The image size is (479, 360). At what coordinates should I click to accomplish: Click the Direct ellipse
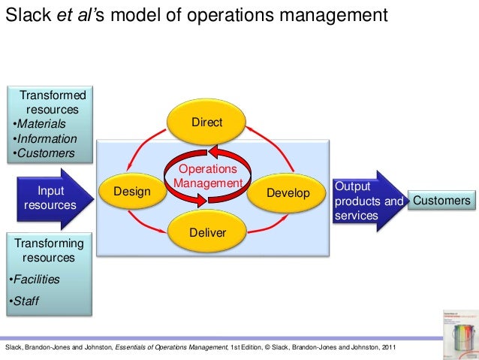tap(206, 123)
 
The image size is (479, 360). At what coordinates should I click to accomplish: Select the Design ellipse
tap(132, 193)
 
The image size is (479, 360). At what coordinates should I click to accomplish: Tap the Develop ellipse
tap(288, 193)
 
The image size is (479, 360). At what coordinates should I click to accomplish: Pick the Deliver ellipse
tap(207, 232)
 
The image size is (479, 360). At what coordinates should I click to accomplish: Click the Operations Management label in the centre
tap(207, 177)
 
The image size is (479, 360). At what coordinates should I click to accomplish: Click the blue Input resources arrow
tap(50, 198)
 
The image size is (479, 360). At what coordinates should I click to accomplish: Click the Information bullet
tap(47, 139)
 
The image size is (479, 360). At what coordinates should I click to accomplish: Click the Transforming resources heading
tap(50, 250)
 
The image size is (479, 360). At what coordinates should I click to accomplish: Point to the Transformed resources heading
tap(53, 102)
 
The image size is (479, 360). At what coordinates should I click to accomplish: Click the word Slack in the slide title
tap(25, 16)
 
